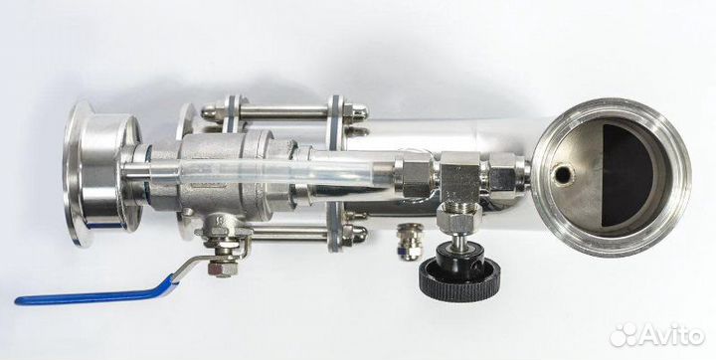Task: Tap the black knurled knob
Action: pyautogui.click(x=459, y=277)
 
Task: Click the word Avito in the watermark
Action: pyautogui.click(x=672, y=336)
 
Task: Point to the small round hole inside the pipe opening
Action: pyautogui.click(x=563, y=174)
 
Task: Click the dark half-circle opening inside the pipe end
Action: pyautogui.click(x=627, y=175)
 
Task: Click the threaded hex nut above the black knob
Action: pyautogui.click(x=458, y=216)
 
